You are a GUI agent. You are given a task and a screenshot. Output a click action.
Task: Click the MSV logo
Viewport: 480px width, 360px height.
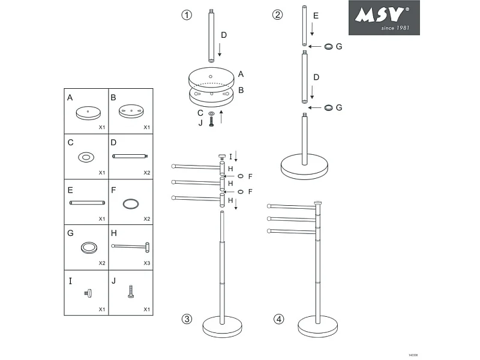(384, 17)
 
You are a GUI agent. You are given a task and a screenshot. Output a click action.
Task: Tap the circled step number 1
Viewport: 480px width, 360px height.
(187, 15)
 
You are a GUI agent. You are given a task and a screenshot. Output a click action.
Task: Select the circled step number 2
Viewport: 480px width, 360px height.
(277, 15)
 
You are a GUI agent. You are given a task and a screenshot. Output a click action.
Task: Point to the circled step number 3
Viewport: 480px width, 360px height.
(187, 319)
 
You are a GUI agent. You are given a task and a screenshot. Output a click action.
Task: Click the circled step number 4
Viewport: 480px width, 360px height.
(278, 319)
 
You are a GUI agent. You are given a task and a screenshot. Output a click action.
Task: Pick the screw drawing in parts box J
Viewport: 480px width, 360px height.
(130, 292)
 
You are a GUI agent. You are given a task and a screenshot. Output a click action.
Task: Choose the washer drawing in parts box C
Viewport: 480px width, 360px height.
(86, 157)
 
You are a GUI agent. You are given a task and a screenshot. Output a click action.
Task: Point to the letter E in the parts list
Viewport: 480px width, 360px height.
(70, 190)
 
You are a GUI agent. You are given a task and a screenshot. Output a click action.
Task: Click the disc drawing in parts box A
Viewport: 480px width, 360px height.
(87, 113)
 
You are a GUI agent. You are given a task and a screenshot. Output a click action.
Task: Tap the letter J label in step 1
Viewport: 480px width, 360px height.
(200, 122)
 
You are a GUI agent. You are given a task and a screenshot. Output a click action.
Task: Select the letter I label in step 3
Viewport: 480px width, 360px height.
(230, 157)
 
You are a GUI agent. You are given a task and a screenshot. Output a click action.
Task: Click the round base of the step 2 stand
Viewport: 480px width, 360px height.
(305, 166)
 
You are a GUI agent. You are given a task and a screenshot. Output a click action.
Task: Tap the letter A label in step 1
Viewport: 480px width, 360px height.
(241, 74)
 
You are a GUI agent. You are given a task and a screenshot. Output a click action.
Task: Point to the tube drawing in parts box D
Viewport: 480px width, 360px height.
(130, 156)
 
